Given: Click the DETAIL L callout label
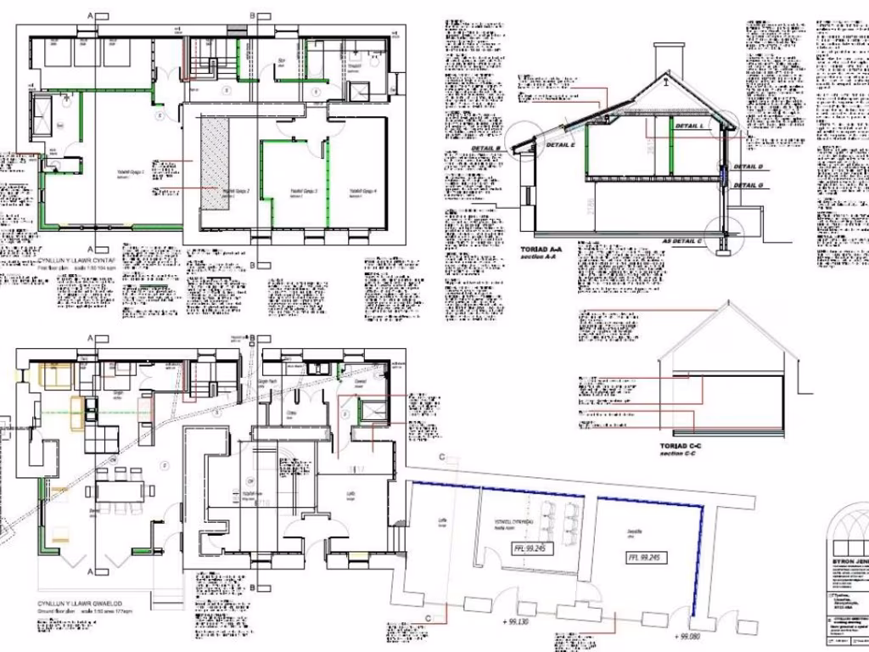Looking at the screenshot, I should click(x=691, y=126).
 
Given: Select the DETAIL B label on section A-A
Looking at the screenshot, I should click(x=485, y=149).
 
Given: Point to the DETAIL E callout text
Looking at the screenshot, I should click(x=560, y=145).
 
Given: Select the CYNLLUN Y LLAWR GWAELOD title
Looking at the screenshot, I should click(x=79, y=604).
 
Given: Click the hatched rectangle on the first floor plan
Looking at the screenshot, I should click(x=215, y=161).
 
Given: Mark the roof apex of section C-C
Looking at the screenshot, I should click(x=727, y=303).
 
